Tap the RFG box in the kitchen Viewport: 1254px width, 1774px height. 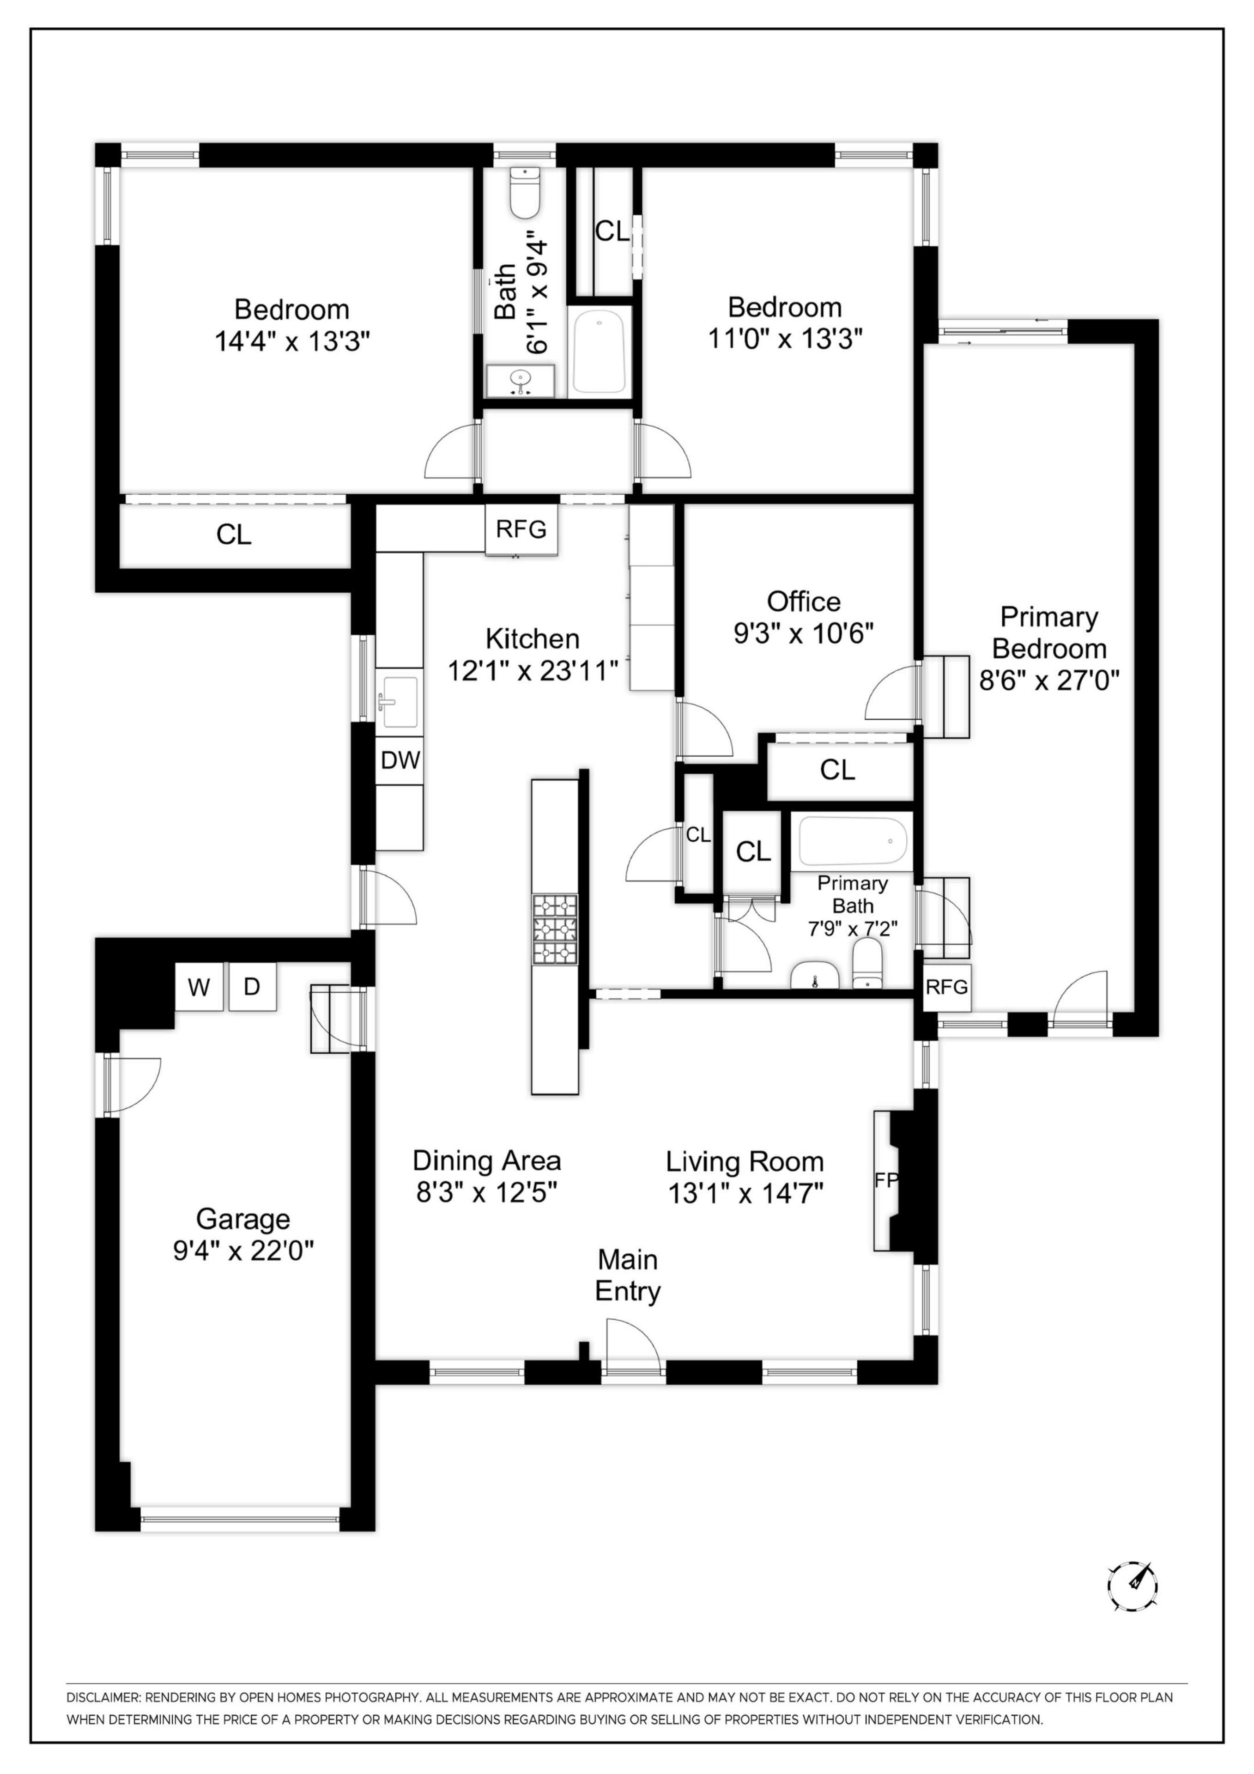521,529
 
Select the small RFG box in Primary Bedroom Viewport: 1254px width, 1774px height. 946,987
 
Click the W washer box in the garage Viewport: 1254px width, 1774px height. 199,987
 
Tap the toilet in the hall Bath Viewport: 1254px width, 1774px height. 525,193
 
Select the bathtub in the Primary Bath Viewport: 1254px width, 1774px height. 852,841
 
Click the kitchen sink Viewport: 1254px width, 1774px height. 400,702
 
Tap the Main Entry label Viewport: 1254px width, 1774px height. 627,1275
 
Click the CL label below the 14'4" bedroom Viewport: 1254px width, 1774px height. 233,535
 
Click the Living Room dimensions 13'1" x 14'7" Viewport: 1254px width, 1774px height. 745,1194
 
